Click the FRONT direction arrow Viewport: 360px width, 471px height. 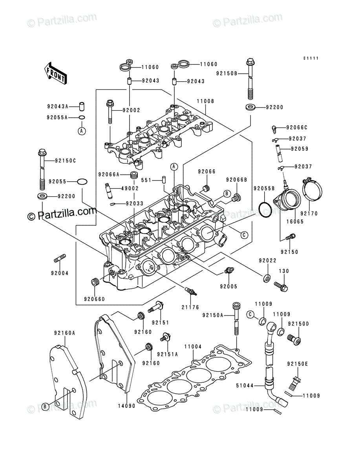[x=56, y=73]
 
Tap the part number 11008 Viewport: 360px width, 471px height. [x=205, y=101]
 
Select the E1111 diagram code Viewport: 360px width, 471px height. [x=311, y=58]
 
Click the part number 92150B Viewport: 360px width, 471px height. [x=227, y=73]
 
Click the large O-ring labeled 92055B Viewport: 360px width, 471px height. [x=265, y=210]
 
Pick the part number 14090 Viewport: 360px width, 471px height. [x=126, y=406]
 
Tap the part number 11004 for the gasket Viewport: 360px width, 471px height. [x=193, y=347]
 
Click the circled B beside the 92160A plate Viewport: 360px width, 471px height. [x=45, y=406]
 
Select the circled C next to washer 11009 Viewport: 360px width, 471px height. [x=250, y=314]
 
